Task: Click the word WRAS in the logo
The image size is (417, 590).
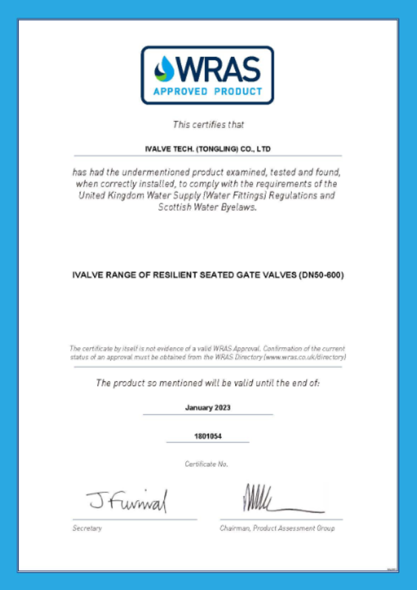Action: point(216,68)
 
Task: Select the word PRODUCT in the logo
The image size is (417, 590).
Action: point(237,91)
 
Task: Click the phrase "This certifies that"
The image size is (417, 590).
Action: point(208,124)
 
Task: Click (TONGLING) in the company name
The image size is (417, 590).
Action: point(213,147)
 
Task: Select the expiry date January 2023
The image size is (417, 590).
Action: point(208,408)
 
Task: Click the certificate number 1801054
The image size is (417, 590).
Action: point(208,437)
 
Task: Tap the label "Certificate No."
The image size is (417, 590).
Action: point(207,464)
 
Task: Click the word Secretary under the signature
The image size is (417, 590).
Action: point(87,528)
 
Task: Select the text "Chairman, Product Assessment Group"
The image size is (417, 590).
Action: point(277,528)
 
